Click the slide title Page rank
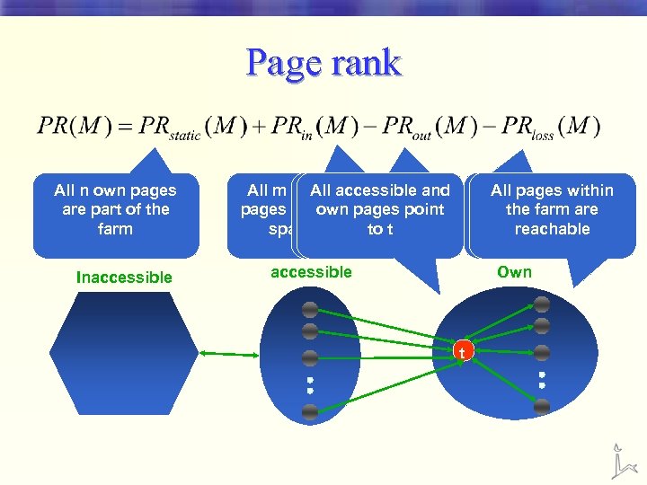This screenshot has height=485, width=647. click(323, 64)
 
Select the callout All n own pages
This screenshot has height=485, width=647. click(115, 210)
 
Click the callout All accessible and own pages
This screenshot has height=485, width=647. click(379, 210)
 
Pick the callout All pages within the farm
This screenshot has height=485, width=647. click(552, 210)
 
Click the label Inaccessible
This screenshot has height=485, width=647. click(124, 278)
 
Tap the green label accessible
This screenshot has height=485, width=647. click(311, 272)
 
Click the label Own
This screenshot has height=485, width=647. click(514, 272)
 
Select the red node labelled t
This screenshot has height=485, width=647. click(462, 352)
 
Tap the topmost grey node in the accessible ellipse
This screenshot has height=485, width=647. click(310, 310)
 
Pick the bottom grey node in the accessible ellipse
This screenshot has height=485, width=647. click(310, 412)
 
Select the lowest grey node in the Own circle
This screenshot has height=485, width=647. click(542, 407)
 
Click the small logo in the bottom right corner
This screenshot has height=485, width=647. click(621, 460)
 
